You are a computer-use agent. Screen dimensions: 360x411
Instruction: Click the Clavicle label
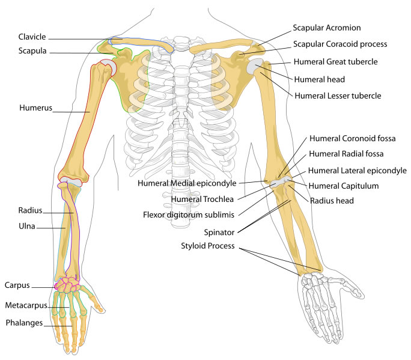pos(32,37)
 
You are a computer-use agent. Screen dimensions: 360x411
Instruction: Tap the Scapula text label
pos(32,52)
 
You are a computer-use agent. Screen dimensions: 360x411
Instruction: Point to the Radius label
pos(30,210)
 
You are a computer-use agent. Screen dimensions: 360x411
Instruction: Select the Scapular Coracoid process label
pos(339,44)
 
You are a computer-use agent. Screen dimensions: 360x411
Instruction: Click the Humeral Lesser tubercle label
pos(337,96)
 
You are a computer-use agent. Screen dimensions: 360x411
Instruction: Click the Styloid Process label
pos(208,246)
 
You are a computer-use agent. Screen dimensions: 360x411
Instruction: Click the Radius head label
pos(332,201)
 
